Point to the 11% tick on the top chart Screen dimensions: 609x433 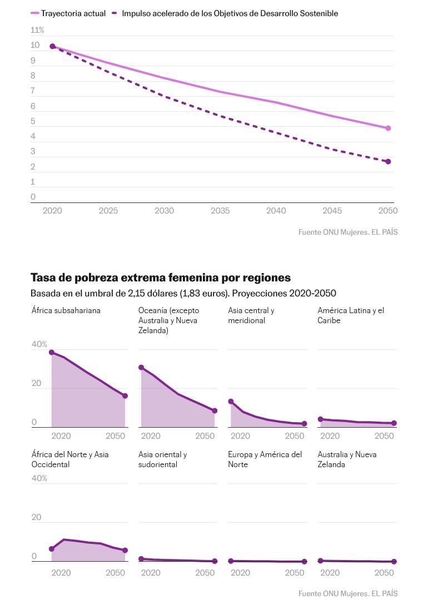(37, 30)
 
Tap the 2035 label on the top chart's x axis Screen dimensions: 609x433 (220, 211)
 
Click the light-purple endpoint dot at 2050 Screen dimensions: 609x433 (388, 128)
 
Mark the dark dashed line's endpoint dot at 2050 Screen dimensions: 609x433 (388, 162)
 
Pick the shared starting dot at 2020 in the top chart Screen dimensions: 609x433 (52, 47)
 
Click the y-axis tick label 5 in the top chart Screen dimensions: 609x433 (33, 121)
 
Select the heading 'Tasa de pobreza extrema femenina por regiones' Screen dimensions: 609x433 (161, 278)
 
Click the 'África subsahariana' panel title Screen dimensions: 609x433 (66, 310)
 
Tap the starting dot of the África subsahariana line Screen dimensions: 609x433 (52, 353)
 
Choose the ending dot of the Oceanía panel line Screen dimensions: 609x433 (215, 411)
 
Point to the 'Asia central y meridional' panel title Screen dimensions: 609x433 (251, 315)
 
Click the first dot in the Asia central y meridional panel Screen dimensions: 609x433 (231, 402)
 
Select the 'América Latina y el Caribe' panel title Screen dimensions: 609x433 (351, 315)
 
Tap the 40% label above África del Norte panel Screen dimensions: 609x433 (39, 478)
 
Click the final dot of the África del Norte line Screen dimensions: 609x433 (125, 551)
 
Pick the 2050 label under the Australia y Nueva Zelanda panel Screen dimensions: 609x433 (385, 573)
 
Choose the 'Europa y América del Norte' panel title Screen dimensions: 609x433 (265, 459)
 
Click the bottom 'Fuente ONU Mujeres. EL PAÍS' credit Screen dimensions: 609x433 (348, 593)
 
